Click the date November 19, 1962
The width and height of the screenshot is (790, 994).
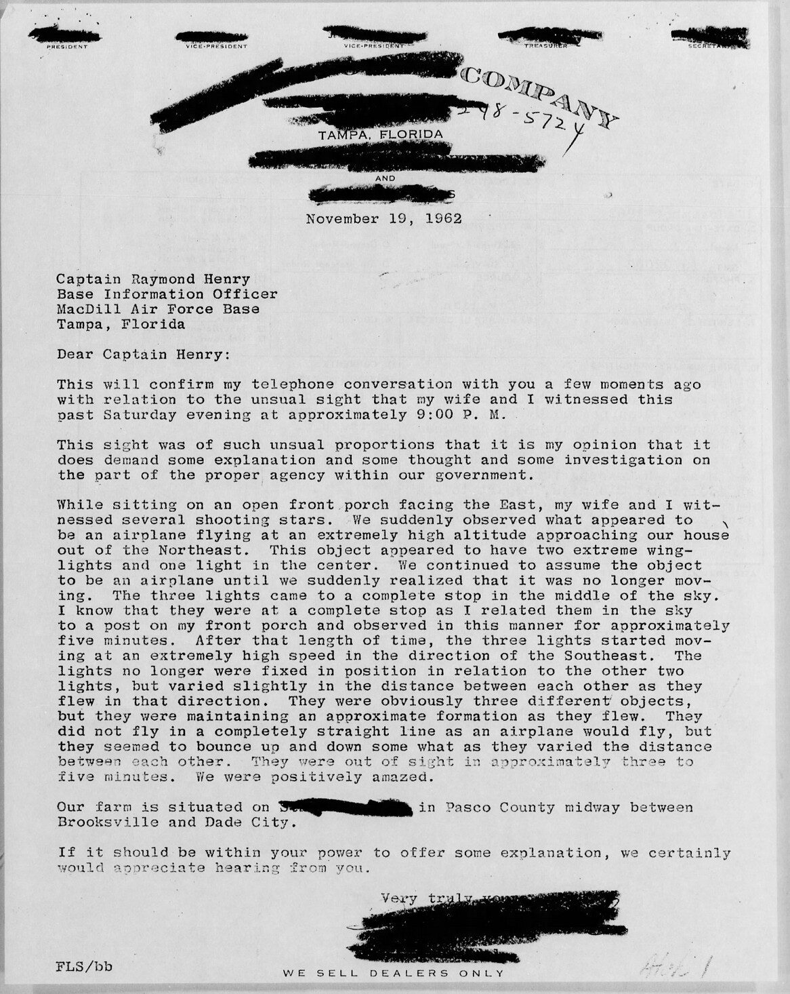(x=383, y=219)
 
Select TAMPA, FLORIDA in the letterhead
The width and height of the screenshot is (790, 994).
(x=381, y=134)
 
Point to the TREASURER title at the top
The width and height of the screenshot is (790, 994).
(x=545, y=46)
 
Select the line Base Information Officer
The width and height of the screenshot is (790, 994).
(x=167, y=294)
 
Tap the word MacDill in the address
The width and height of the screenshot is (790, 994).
(x=83, y=309)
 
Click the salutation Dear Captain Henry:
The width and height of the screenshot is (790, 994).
(x=143, y=353)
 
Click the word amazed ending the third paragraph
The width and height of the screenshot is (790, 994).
(x=398, y=777)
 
